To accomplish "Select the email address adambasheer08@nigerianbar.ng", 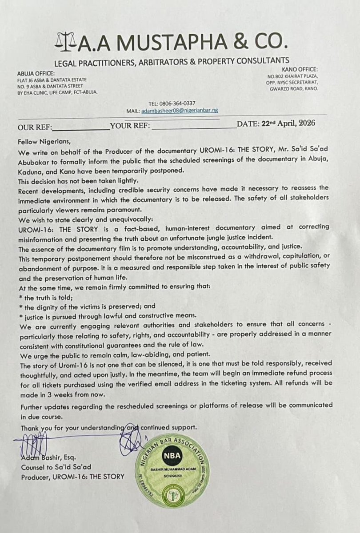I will (179, 110).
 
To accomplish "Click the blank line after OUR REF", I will (80, 126).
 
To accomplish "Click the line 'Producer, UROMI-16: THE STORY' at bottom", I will (73, 477).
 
